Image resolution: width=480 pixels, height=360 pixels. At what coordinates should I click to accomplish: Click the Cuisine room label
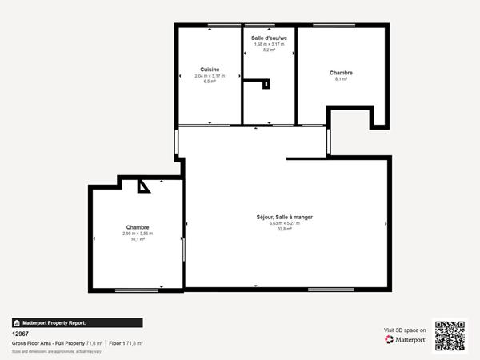point(210,70)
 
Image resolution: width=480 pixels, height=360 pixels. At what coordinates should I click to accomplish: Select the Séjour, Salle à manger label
point(284,217)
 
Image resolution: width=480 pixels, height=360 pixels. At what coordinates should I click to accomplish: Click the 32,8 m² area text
point(284,229)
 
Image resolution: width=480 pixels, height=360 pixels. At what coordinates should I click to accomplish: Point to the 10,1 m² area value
point(137,239)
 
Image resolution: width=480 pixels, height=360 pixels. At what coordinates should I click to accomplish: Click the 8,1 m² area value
point(341,79)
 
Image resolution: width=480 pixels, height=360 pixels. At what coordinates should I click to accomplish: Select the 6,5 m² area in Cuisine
point(210,82)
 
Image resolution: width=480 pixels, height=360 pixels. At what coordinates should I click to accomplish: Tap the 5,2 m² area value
point(269,50)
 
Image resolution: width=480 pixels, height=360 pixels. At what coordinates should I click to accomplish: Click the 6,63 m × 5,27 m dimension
point(284,223)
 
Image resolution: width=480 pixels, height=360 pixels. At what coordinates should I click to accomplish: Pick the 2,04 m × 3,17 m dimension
point(210,76)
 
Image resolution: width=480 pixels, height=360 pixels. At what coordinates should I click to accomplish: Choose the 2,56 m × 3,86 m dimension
point(137,234)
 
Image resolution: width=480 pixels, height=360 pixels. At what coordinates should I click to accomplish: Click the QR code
point(449,336)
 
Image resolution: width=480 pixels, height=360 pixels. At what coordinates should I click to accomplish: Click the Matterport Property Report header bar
point(77,322)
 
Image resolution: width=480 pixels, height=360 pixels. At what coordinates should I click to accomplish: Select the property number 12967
point(20,334)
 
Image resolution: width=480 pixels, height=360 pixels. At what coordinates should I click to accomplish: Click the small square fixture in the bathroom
point(266,83)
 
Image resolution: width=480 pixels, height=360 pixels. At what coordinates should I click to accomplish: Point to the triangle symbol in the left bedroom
point(143,186)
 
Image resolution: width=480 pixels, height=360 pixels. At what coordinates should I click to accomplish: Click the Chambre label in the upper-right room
point(341,73)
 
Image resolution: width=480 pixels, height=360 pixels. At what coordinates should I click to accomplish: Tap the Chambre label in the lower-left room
point(137,227)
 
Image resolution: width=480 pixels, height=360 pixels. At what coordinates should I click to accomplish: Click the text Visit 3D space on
point(406,329)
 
